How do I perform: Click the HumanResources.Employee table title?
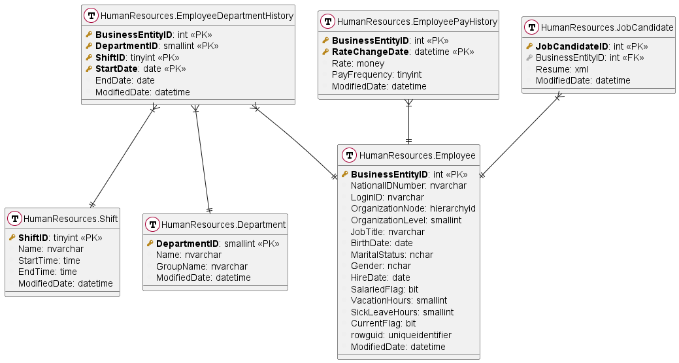(418, 155)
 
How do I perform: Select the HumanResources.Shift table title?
(71, 219)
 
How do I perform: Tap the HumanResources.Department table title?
(223, 225)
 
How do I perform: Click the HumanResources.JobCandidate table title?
(608, 27)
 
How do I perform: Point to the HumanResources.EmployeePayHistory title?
(417, 22)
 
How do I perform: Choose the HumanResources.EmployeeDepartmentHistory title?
(197, 16)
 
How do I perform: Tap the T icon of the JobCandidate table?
(533, 27)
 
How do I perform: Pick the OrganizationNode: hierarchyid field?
(413, 208)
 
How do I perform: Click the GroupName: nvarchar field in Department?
(201, 266)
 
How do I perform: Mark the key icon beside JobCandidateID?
(529, 46)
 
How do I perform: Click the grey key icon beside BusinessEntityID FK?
(529, 58)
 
